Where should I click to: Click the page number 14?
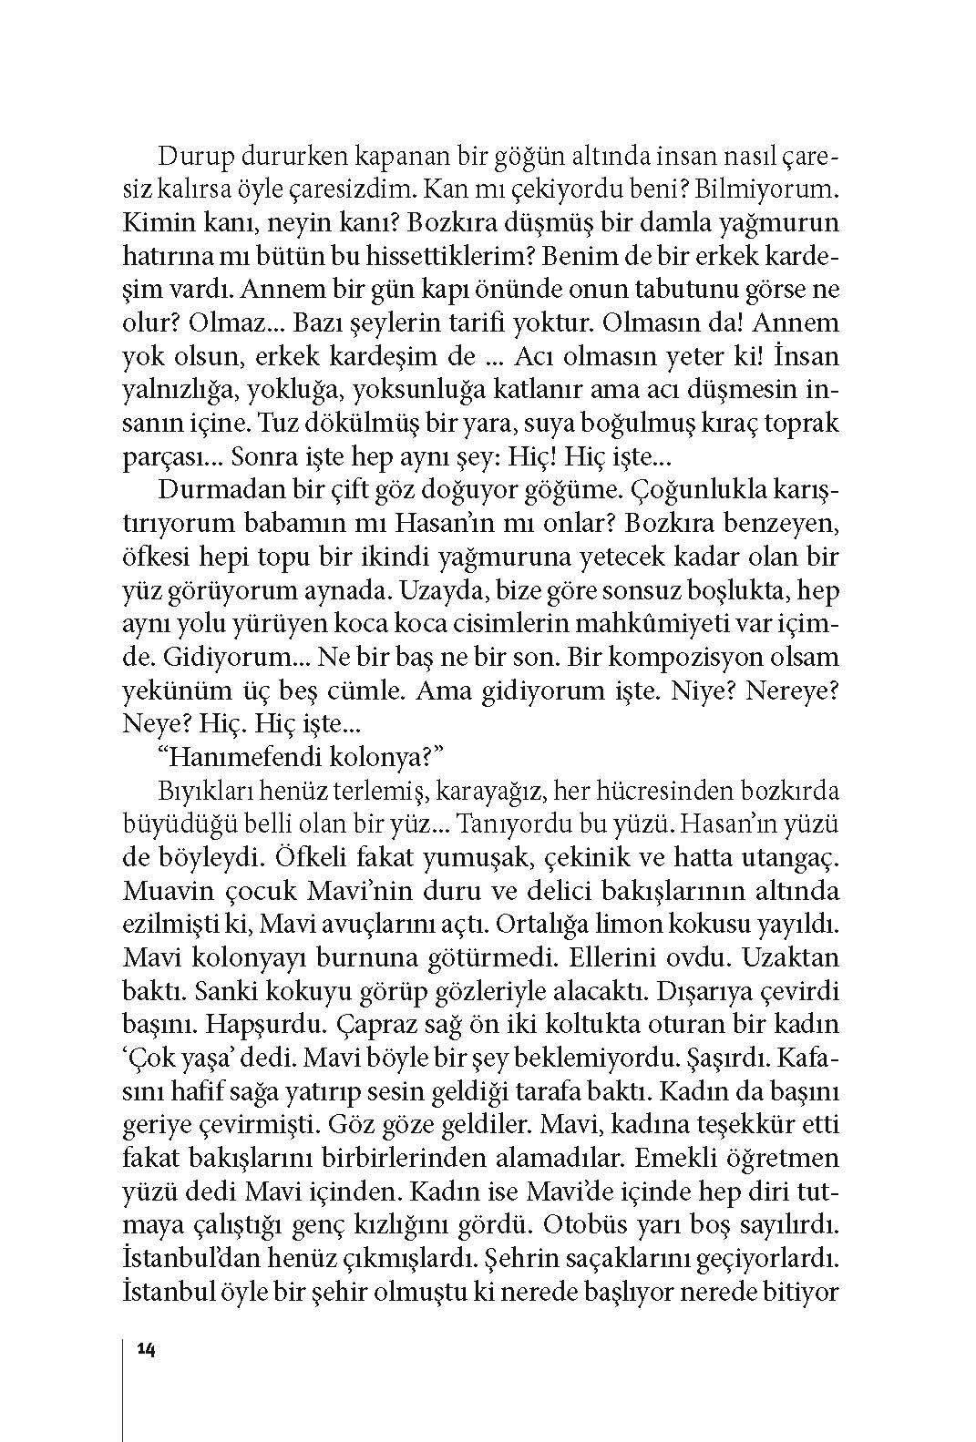(x=146, y=1349)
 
